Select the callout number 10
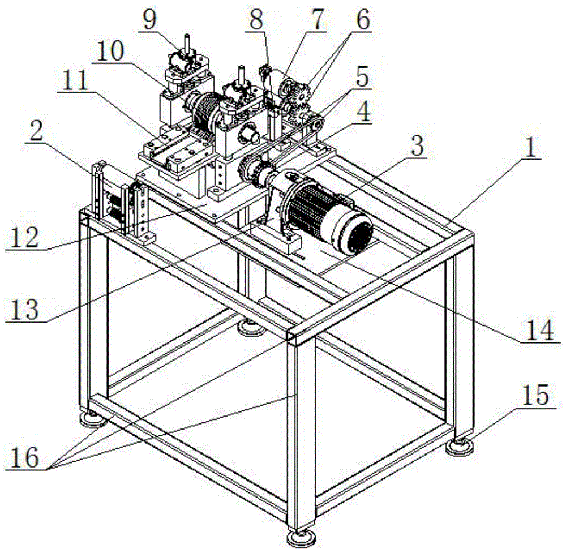(111, 55)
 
